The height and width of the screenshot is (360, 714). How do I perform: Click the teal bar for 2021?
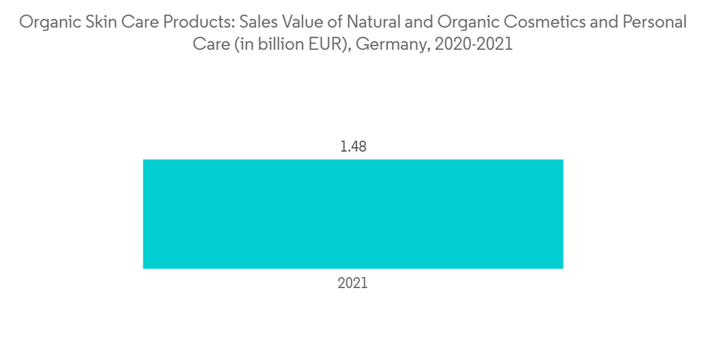353,214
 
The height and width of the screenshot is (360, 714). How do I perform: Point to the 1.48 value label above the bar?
353,147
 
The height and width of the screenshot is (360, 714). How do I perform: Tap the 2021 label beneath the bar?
353,283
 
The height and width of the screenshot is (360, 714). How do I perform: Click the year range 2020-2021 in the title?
470,44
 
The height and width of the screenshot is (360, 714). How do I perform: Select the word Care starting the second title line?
208,44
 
